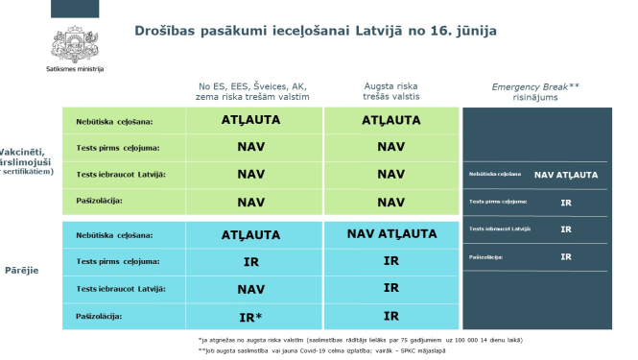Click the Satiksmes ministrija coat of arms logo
tap(74, 42)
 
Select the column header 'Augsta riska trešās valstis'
tap(390, 93)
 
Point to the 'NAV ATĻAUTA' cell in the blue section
tap(390, 233)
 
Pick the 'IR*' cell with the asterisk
tap(250, 315)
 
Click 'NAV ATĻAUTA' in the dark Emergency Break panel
tap(566, 175)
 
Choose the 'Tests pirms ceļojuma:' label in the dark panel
tap(498, 203)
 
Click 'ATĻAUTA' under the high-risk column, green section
tap(390, 121)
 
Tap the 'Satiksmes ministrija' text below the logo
tap(75, 70)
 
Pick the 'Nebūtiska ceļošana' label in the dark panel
tap(495, 175)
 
